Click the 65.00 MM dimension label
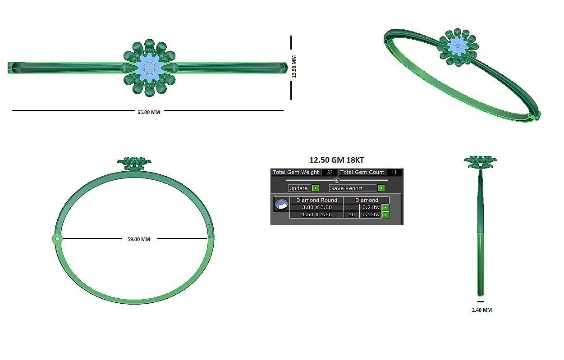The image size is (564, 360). tap(149, 112)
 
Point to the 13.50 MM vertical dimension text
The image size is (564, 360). tap(294, 67)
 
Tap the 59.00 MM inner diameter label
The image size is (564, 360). tap(139, 239)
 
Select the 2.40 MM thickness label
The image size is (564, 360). tap(481, 310)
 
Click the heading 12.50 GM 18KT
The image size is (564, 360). tap(336, 160)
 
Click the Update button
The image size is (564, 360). tap(299, 188)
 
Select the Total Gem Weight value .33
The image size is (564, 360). tap(330, 172)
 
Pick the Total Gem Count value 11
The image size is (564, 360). tap(394, 172)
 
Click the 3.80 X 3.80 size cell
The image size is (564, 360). tap(316, 207)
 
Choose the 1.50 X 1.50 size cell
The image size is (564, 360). tap(316, 214)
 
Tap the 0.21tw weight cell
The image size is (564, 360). tap(371, 207)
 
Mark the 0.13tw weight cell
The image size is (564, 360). tap(371, 214)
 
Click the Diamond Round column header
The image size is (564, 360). tap(316, 200)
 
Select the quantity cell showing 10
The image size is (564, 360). tap(352, 214)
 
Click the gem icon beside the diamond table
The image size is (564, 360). tap(281, 204)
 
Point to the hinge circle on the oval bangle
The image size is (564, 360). tap(57, 239)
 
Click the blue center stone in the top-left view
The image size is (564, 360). tap(149, 68)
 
